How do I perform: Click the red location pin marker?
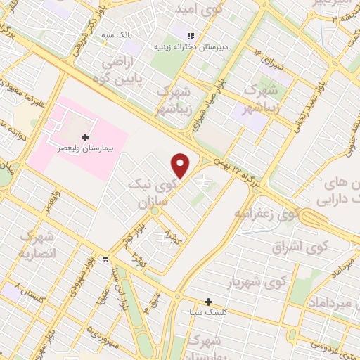(x=181, y=166)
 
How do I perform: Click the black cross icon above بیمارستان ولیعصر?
(x=85, y=136)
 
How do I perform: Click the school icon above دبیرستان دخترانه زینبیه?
(x=190, y=35)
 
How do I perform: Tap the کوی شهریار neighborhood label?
(x=259, y=282)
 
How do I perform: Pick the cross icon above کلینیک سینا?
(x=209, y=301)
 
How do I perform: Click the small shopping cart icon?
(x=105, y=258)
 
